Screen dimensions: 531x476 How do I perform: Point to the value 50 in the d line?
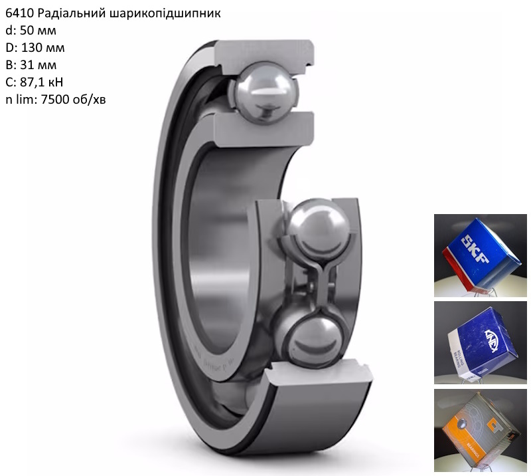[27, 31]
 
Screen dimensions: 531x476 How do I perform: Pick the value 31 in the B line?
[27, 65]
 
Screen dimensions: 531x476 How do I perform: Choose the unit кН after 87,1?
[56, 82]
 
